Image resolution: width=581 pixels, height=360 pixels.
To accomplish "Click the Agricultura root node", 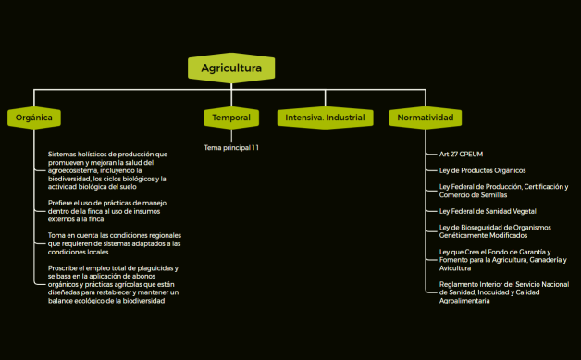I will tap(231, 68).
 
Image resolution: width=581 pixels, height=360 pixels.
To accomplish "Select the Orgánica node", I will tap(34, 118).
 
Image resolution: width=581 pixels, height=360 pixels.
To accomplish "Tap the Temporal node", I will tap(230, 118).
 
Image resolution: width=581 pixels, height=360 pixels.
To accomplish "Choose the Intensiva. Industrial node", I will tap(324, 118).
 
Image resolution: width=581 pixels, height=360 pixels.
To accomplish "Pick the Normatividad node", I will tap(425, 118).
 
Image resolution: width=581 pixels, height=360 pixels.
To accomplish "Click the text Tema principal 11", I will tap(231, 147).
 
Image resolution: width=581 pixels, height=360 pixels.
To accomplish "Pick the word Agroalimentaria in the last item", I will tap(465, 301).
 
